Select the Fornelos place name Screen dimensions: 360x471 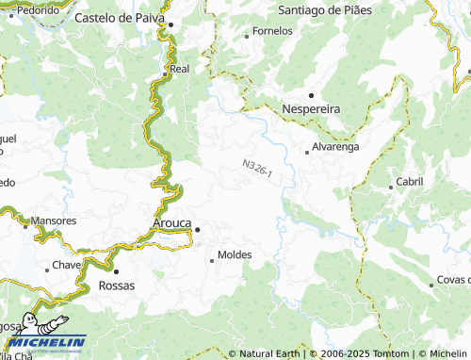(x=273, y=31)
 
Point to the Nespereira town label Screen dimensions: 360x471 (x=312, y=109)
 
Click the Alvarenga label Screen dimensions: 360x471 (x=337, y=148)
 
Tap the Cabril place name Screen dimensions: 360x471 (x=410, y=181)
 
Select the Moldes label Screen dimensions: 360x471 (x=235, y=255)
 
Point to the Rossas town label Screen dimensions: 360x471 (x=117, y=285)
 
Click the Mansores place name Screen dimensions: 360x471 (x=54, y=221)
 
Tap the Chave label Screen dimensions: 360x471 (x=66, y=265)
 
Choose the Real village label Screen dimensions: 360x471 (x=179, y=69)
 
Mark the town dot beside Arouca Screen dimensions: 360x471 (x=198, y=229)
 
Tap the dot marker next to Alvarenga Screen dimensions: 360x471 (x=306, y=151)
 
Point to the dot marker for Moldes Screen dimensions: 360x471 (x=211, y=260)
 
